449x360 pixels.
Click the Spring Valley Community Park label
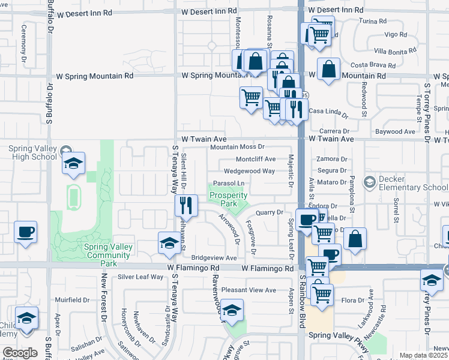tap(108, 254)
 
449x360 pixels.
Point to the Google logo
tap(19, 353)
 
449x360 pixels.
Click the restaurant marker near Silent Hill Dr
tap(186, 206)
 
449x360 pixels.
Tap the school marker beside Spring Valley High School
tap(73, 164)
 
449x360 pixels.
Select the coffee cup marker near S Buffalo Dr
tap(25, 232)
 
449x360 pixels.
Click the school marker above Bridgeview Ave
tap(169, 243)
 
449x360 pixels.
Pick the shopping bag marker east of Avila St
tap(355, 239)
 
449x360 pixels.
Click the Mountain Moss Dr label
tap(237, 147)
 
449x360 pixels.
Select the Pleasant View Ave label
tap(249, 290)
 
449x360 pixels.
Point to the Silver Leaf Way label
tap(140, 277)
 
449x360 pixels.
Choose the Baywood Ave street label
tap(395, 131)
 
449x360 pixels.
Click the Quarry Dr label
tap(269, 212)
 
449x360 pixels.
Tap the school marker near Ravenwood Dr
tap(232, 310)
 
